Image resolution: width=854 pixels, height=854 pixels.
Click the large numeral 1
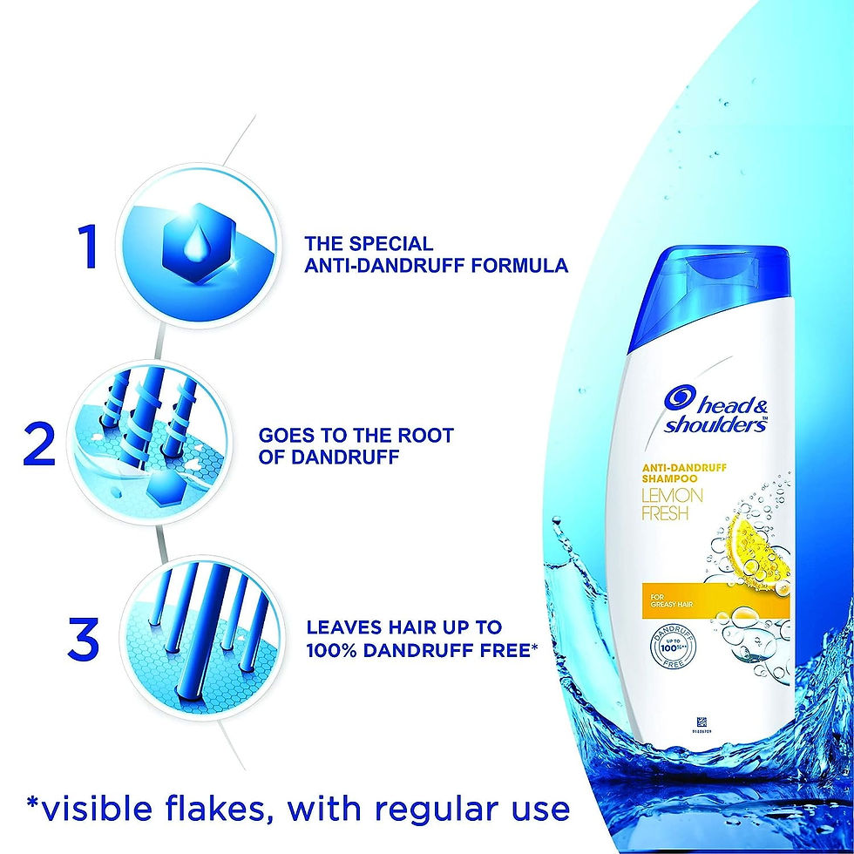coord(87,247)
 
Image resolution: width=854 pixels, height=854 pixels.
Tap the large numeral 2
coord(41,445)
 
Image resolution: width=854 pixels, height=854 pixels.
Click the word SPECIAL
coord(388,243)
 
